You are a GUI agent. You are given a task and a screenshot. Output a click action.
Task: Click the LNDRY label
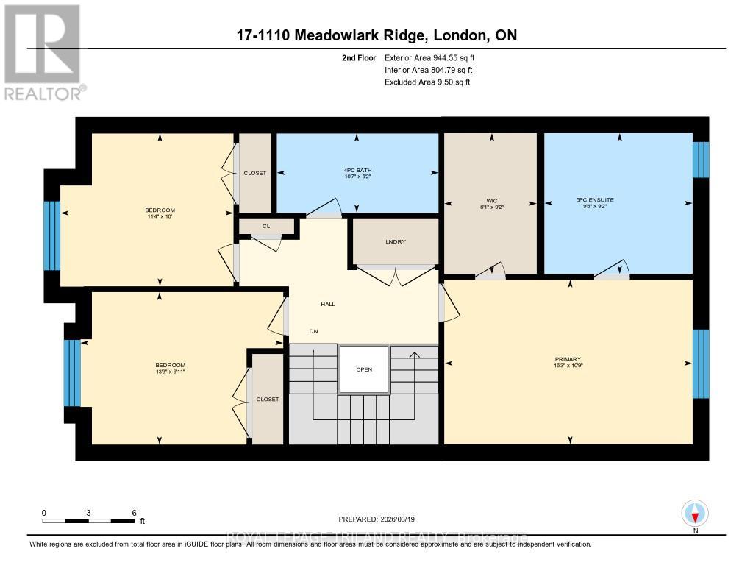[396, 241]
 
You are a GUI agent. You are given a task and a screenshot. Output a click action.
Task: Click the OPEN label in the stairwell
[363, 369]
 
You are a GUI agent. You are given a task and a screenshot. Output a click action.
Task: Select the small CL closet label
[265, 227]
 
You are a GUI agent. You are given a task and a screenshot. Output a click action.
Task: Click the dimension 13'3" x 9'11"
[170, 372]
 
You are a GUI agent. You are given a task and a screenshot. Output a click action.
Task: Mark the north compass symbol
[694, 512]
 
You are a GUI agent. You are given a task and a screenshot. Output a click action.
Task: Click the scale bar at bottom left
[88, 521]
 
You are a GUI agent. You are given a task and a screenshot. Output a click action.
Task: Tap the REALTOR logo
[43, 52]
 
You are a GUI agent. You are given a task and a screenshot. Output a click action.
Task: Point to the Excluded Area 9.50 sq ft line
[427, 82]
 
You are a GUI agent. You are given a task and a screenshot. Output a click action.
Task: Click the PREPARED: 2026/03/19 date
[382, 519]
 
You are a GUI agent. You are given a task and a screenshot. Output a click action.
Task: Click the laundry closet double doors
[396, 275]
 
